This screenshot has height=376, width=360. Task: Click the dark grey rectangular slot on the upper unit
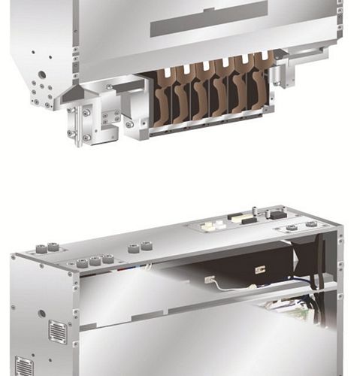pyautogui.click(x=209, y=19)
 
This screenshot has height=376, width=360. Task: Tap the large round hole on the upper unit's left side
pyautogui.click(x=42, y=75)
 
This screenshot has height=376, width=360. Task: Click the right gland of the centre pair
pyautogui.click(x=145, y=247)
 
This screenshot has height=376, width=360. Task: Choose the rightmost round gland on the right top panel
pyautogui.click(x=310, y=225)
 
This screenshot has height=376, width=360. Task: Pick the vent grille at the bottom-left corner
pyautogui.click(x=24, y=366)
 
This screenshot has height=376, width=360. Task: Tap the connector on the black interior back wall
pyautogui.click(x=259, y=268)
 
